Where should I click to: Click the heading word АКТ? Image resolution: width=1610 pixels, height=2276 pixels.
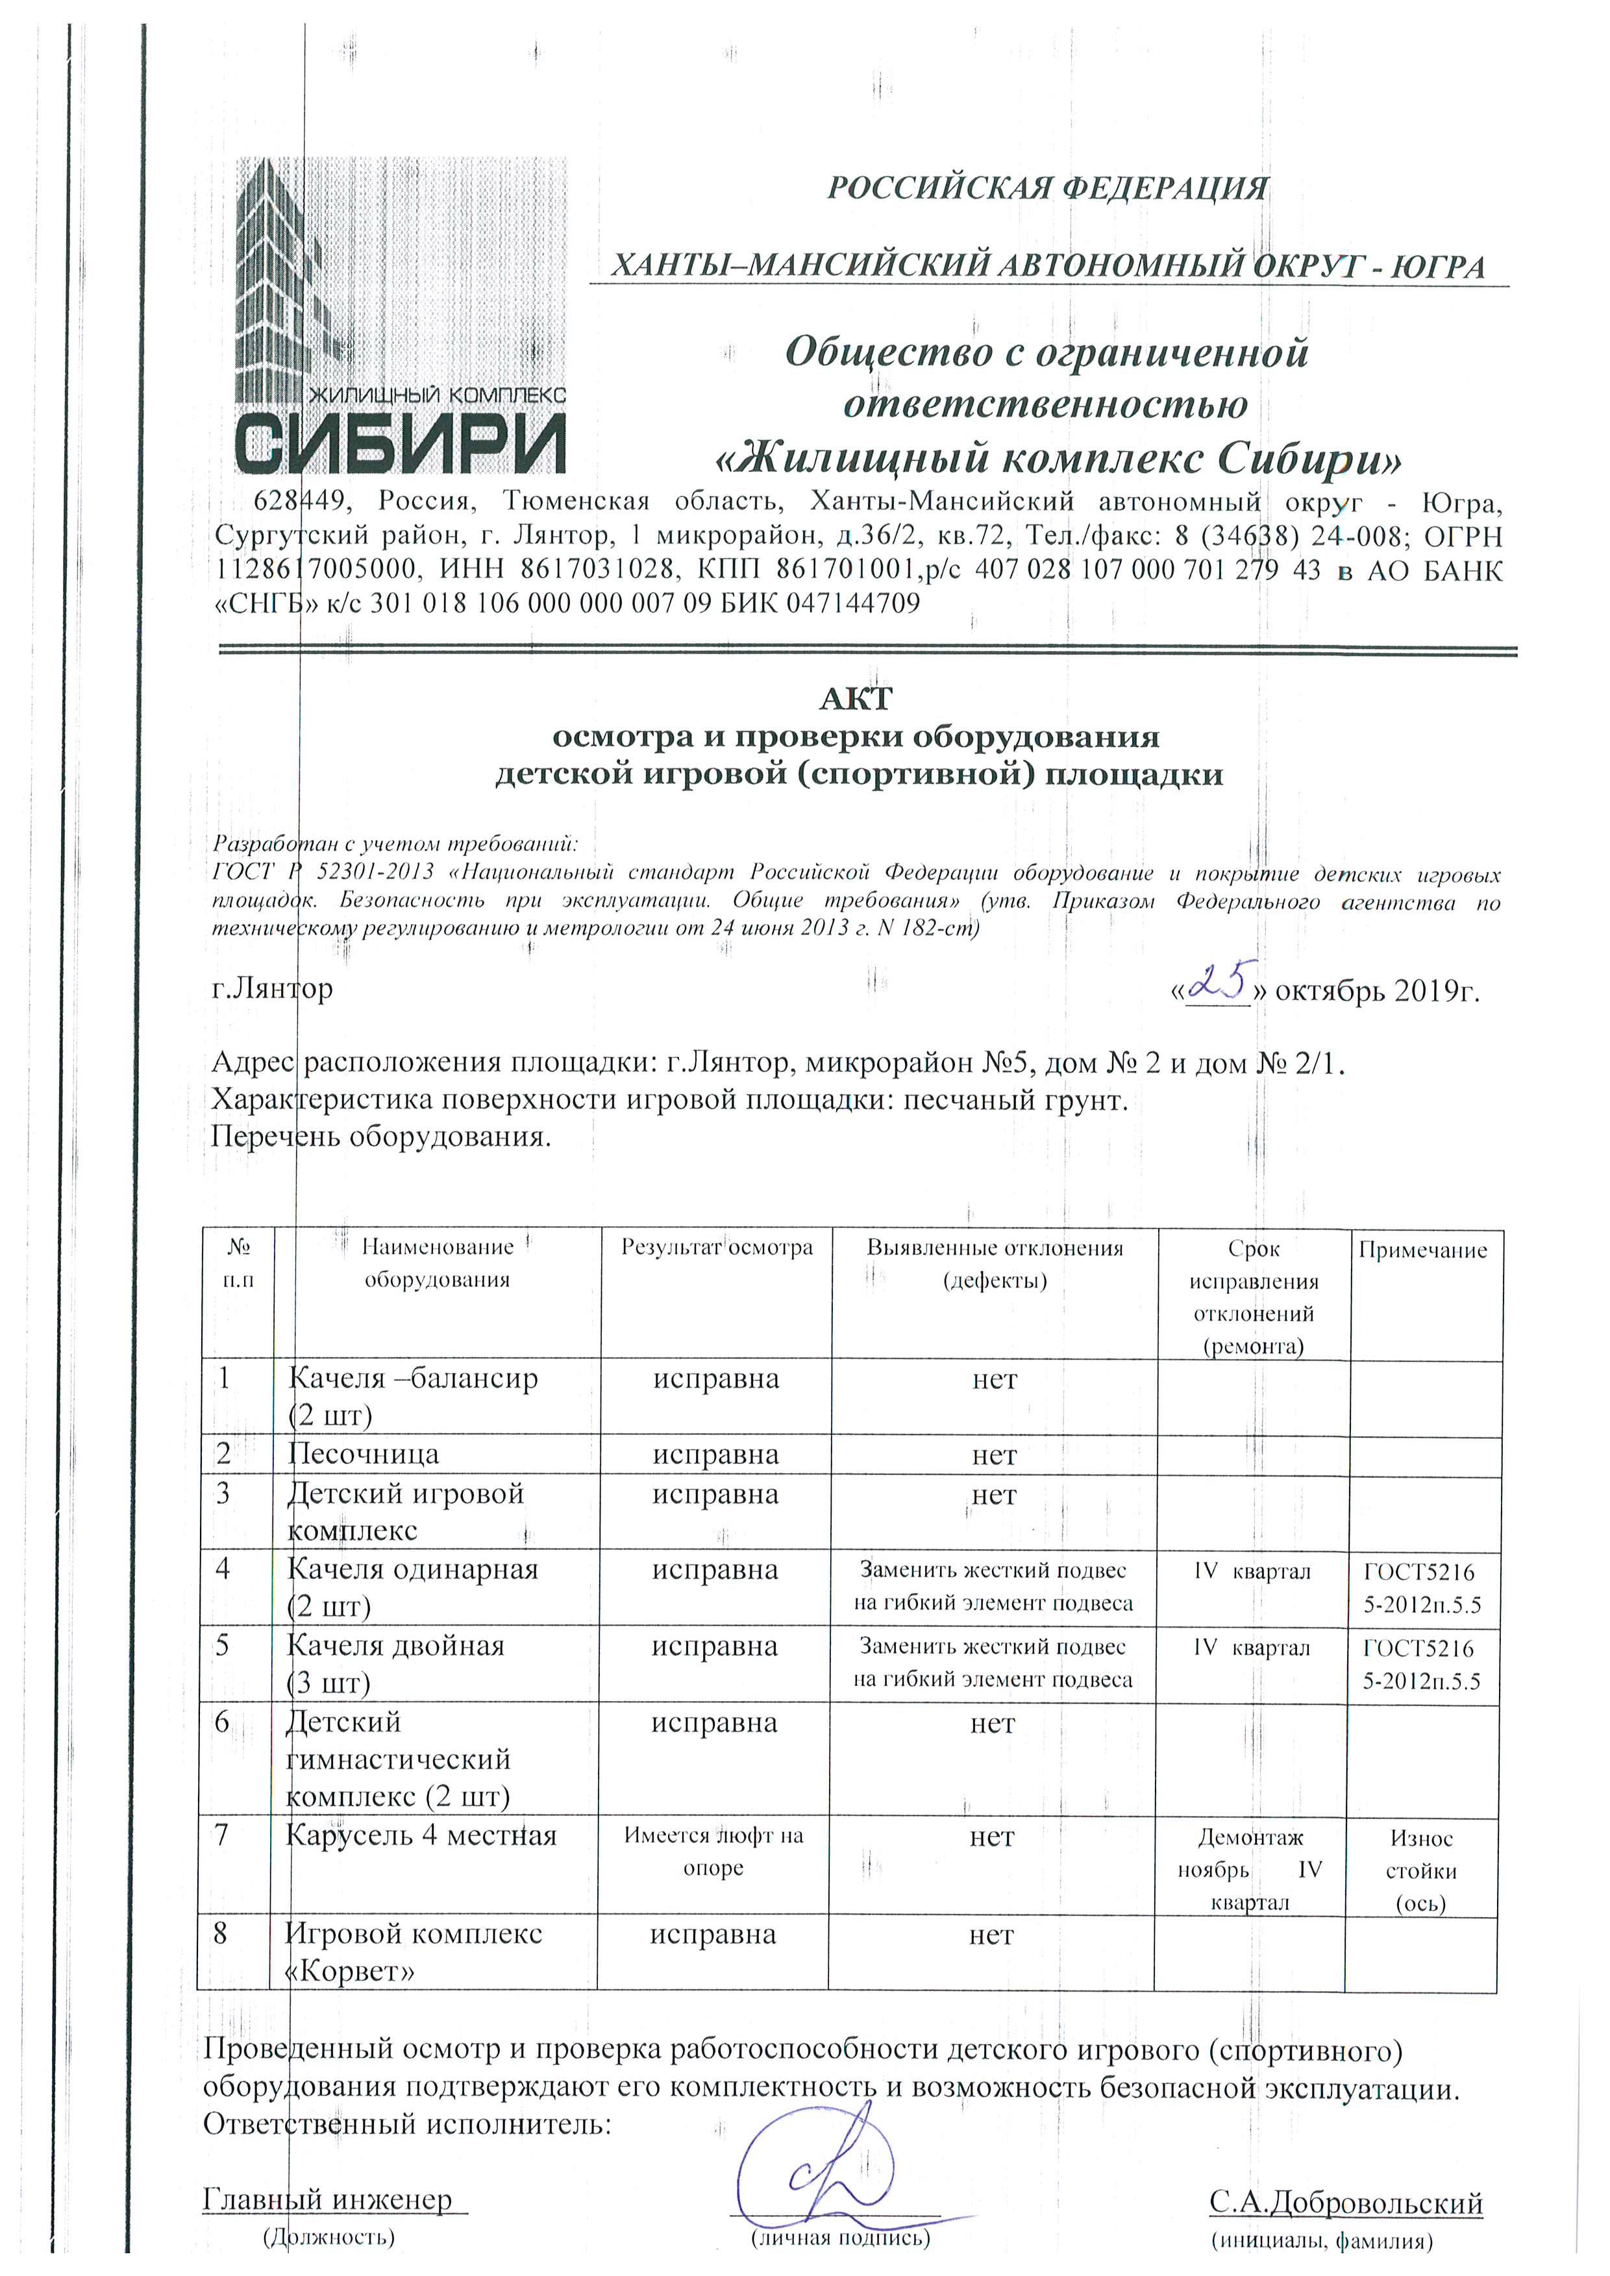click(856, 699)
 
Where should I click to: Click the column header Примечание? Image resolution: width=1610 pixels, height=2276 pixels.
click(1422, 1250)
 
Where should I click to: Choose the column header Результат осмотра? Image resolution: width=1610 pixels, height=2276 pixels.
click(716, 1247)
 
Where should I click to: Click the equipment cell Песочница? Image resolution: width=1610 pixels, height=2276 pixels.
click(363, 1454)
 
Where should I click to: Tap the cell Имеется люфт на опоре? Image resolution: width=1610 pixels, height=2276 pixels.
click(713, 1851)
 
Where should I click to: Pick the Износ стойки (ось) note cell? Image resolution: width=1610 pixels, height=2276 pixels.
click(1420, 1870)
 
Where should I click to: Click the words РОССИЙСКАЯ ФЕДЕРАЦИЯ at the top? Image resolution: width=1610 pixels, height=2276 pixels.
click(1047, 188)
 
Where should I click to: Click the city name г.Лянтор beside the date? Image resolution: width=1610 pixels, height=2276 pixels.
click(273, 988)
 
